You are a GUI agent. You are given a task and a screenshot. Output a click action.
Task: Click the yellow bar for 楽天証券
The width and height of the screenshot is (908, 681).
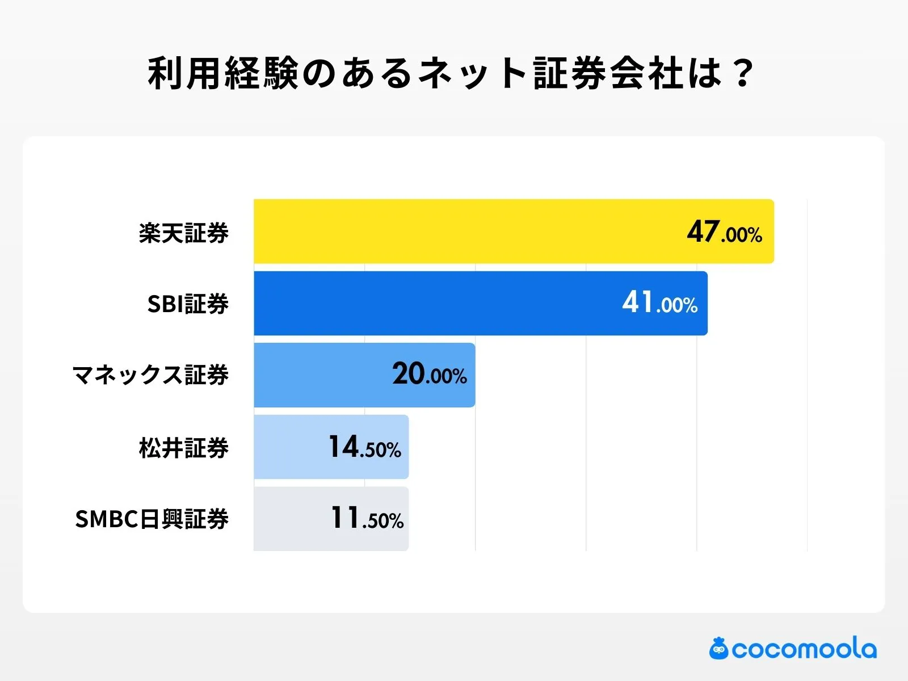click(465, 232)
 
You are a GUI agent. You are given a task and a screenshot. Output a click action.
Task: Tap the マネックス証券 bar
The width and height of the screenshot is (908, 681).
click(318, 375)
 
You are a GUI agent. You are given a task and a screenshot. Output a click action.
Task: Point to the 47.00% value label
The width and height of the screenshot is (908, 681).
click(724, 232)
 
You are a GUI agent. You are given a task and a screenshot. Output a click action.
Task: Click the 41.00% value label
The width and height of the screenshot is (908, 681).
click(659, 303)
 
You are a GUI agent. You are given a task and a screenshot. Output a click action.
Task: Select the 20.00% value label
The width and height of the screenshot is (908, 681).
click(429, 375)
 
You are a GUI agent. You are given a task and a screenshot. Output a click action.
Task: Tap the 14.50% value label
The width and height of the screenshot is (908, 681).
click(364, 447)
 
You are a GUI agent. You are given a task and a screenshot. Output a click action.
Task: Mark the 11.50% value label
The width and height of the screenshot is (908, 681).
click(367, 519)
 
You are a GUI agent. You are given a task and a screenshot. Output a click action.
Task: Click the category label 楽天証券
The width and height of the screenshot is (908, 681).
click(183, 233)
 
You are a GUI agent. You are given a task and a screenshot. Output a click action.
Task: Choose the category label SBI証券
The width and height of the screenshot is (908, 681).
click(188, 304)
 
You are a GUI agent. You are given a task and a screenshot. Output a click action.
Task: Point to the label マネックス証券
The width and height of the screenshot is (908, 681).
click(150, 375)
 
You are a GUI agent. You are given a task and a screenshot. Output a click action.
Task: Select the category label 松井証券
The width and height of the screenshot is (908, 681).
click(183, 448)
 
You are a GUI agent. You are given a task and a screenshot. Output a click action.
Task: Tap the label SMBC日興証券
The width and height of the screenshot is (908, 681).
click(152, 519)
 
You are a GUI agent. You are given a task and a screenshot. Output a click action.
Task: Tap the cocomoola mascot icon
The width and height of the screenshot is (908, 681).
click(718, 649)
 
